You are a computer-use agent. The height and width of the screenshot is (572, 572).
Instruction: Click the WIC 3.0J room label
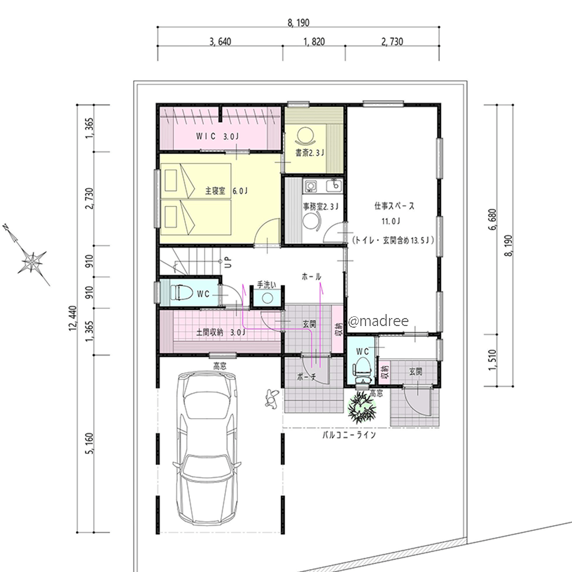pyautogui.click(x=217, y=137)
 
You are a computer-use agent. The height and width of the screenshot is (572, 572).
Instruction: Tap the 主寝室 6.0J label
pyautogui.click(x=226, y=191)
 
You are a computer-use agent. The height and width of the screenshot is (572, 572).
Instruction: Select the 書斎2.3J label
pyautogui.click(x=309, y=153)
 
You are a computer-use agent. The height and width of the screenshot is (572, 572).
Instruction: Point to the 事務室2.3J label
pyautogui.click(x=321, y=207)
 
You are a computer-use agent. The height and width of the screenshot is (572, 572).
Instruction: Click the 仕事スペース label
pyautogui.click(x=394, y=206)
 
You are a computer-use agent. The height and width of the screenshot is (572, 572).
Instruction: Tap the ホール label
pyautogui.click(x=311, y=277)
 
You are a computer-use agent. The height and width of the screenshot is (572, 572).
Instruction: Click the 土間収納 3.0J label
pyautogui.click(x=221, y=332)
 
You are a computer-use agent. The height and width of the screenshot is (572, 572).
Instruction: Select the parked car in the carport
pyautogui.click(x=207, y=448)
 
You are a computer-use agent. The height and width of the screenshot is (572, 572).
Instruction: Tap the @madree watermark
pyautogui.click(x=379, y=321)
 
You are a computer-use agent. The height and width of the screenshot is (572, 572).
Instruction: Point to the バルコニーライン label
pyautogui.click(x=349, y=435)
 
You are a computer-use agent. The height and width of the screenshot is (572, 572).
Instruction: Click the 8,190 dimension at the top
pyautogui.click(x=299, y=23)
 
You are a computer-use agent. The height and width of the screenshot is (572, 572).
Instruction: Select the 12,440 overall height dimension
pyautogui.click(x=73, y=319)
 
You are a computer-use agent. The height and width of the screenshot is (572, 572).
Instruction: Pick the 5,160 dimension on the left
pyautogui.click(x=89, y=444)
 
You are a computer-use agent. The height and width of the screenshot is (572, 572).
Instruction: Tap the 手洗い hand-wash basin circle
pyautogui.click(x=267, y=299)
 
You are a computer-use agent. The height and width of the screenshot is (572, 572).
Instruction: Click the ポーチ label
pyautogui.click(x=305, y=377)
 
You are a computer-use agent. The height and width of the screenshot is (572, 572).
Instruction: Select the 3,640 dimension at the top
pyautogui.click(x=220, y=42)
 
